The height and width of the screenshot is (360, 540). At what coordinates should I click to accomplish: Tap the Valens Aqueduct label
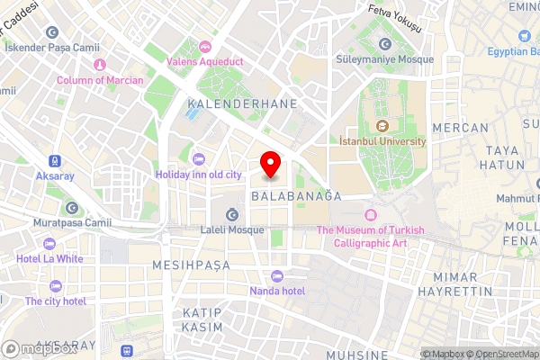coord(206,61)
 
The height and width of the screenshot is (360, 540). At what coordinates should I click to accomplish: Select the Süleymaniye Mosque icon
coord(386,44)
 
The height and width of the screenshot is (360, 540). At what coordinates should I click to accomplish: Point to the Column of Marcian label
coord(100,80)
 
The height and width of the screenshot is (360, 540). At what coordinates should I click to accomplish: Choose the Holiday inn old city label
coord(198,174)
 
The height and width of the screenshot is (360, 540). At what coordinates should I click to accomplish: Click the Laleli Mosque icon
coord(233,214)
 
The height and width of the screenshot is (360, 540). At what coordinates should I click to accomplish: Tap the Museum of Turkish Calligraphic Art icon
coord(370,214)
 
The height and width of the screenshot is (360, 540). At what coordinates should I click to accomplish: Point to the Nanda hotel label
coord(277,291)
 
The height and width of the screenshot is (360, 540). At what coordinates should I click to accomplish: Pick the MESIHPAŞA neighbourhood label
coord(191,265)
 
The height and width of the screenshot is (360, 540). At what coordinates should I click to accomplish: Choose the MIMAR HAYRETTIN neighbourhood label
coord(463,283)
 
